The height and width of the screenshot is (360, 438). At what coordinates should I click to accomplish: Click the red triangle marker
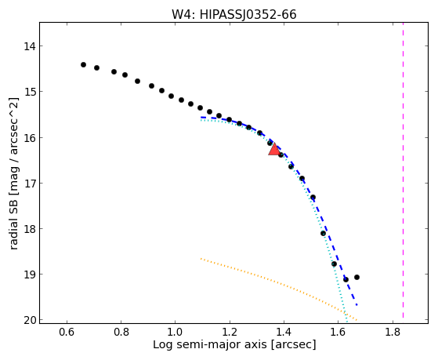pos(274,150)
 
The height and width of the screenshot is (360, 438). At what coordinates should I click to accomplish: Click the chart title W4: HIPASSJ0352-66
pos(233,14)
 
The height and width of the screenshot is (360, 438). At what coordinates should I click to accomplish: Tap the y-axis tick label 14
pos(29,46)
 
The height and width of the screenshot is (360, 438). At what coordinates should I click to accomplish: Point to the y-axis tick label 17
pos(29,184)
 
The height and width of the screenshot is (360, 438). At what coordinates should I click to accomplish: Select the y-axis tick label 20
pos(29,320)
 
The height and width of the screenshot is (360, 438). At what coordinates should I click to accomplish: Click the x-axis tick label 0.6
pos(67,332)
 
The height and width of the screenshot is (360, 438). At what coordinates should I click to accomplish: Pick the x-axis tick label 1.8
pos(393,332)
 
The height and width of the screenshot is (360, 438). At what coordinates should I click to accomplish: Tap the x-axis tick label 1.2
pos(230,332)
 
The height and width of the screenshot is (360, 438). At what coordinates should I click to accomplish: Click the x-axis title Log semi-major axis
pos(210,345)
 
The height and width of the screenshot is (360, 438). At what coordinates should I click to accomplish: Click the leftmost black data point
pos(83,64)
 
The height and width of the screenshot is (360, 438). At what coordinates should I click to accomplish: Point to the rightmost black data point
pos(357,277)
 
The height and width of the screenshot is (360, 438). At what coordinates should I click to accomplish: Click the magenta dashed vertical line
pos(403,170)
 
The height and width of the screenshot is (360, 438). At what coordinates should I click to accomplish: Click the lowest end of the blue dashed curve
pos(357,304)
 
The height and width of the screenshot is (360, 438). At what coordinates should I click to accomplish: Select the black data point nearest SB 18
pos(323,233)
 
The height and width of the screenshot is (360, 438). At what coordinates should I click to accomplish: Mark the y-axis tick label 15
pos(29,92)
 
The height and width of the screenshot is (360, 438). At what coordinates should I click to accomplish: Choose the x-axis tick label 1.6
pos(338,332)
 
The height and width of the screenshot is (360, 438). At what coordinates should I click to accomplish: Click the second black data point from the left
pos(96,67)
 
